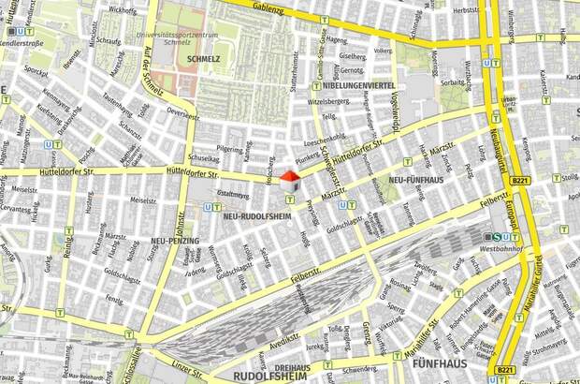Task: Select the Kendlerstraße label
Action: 25,43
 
